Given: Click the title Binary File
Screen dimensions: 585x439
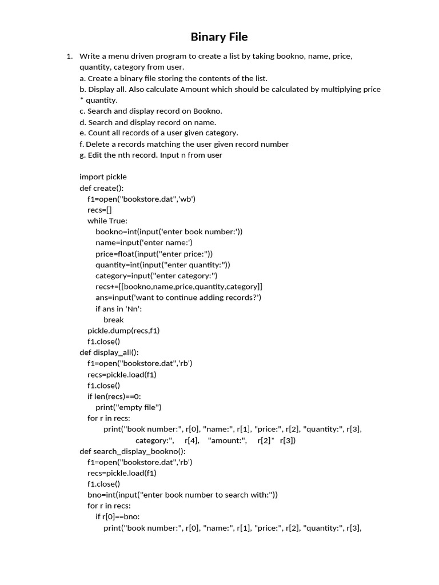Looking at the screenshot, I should pos(219,37).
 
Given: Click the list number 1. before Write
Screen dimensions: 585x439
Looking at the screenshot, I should pos(69,56).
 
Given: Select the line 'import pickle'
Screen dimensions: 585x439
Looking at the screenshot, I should pos(103,177).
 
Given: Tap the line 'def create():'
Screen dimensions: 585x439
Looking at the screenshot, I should pos(101,188).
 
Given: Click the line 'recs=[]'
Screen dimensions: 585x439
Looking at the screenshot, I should pos(99,210).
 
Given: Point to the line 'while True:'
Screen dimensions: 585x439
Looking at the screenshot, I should pos(107,221).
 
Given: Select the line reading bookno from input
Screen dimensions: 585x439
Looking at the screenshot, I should pos(169,231).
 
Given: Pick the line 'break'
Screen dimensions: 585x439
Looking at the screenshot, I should pos(113,319).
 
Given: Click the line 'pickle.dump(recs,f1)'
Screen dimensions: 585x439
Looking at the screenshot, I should pos(123,330).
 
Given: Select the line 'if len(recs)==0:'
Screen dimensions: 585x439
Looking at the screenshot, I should pos(114,396).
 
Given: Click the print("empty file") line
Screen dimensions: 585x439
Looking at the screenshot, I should pos(128,407).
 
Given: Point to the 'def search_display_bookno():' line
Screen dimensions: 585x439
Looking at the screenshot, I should pos(132,451).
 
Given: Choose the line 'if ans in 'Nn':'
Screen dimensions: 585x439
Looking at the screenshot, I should pos(118,308).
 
